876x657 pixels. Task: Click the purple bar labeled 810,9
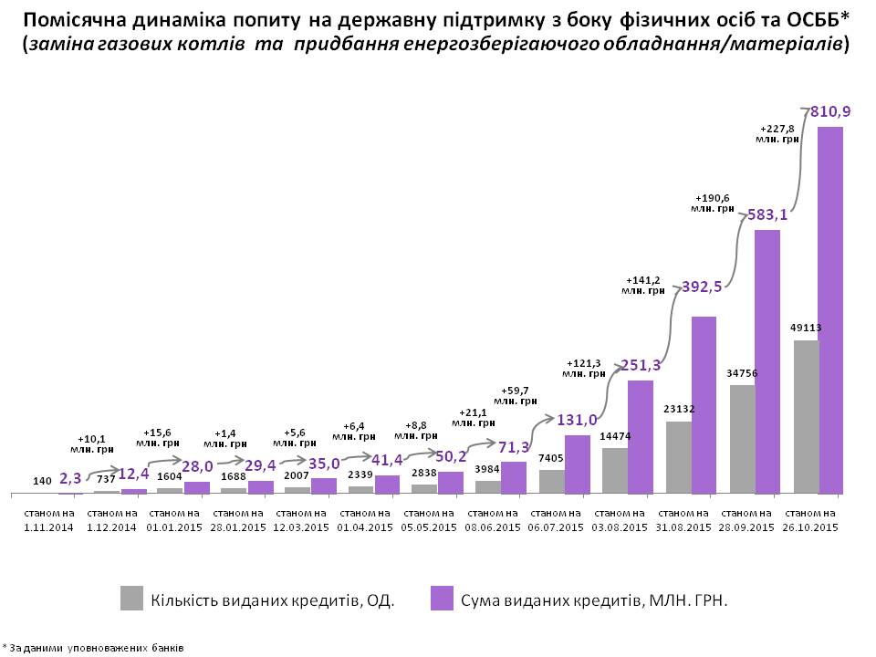(829, 310)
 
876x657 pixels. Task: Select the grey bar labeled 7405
(552, 482)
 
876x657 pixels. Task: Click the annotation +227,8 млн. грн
(779, 132)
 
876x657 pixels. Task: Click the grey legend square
(132, 599)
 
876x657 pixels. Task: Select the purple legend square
(442, 599)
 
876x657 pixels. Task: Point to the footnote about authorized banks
(94, 648)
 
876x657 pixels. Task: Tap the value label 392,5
(703, 287)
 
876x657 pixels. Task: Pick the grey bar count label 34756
(743, 372)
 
